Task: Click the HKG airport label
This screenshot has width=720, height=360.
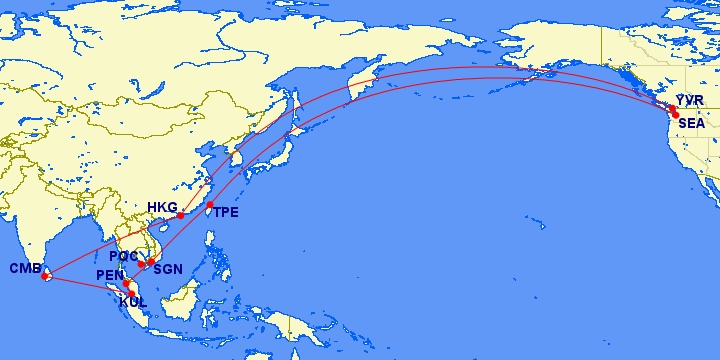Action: point(162,208)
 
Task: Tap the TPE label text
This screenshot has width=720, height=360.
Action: point(225,212)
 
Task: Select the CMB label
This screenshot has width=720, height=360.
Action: point(25,268)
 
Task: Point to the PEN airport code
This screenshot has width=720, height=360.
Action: point(109,275)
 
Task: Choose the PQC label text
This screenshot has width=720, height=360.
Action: point(125,257)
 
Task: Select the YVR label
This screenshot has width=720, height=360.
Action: point(691,101)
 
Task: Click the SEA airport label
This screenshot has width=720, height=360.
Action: point(691,123)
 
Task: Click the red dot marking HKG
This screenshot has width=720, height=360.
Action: point(180,216)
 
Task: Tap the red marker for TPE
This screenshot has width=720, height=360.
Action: point(210,205)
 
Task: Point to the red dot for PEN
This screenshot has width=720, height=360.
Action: point(127,284)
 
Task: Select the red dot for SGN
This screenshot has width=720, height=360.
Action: point(151,262)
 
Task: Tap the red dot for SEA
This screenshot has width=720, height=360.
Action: point(676,116)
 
